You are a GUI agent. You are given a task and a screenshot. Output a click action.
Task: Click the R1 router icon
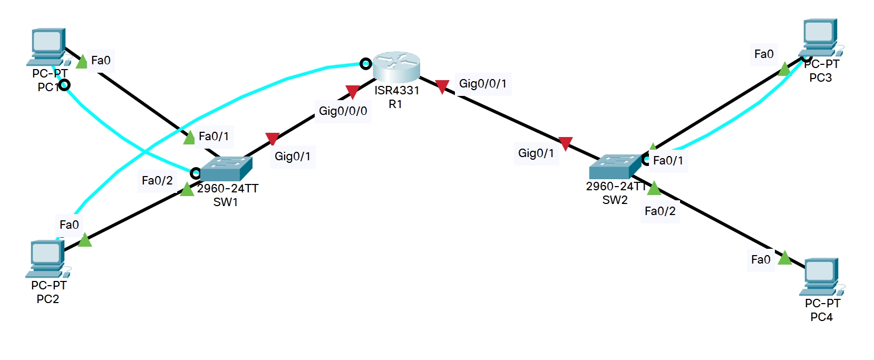pyautogui.click(x=396, y=66)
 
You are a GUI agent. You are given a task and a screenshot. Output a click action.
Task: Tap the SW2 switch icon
pyautogui.click(x=615, y=166)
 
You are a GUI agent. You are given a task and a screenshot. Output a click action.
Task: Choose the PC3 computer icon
pyautogui.click(x=820, y=38)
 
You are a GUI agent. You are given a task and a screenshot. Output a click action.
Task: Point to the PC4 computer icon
pyautogui.click(x=821, y=277)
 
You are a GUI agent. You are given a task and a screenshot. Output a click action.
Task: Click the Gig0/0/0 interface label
pyautogui.click(x=343, y=111)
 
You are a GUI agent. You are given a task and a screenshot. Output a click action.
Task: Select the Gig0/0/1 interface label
pyautogui.click(x=482, y=84)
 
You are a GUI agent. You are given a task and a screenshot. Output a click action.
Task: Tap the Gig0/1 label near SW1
pyautogui.click(x=293, y=157)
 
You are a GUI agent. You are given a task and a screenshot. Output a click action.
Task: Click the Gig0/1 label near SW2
pyautogui.click(x=536, y=153)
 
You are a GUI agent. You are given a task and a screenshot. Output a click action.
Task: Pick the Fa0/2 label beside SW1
pyautogui.click(x=157, y=181)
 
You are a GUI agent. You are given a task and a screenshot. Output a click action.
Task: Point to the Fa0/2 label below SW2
pyautogui.click(x=660, y=211)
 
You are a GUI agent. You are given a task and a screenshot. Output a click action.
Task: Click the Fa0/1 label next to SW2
pyautogui.click(x=668, y=161)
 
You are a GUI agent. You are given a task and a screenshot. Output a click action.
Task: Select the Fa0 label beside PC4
pyautogui.click(x=761, y=260)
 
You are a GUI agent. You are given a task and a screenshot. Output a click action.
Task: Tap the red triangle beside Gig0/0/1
pyautogui.click(x=442, y=86)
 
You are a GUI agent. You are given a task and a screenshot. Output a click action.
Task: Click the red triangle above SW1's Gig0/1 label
pyautogui.click(x=272, y=139)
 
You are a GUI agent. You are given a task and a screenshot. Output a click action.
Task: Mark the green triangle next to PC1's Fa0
pyautogui.click(x=82, y=62)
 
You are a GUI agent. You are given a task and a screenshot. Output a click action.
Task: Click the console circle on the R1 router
pyautogui.click(x=365, y=64)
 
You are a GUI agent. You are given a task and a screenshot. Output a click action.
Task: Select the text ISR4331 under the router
pyautogui.click(x=396, y=91)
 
